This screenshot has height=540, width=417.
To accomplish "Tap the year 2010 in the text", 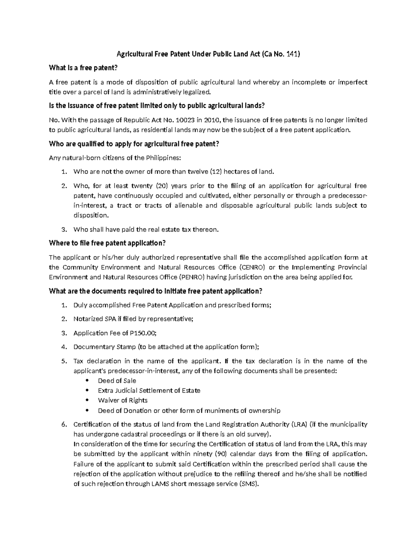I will click(x=211, y=120).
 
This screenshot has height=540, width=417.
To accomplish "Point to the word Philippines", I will click(x=163, y=158).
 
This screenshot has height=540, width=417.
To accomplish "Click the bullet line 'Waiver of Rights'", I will click(x=123, y=400).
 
